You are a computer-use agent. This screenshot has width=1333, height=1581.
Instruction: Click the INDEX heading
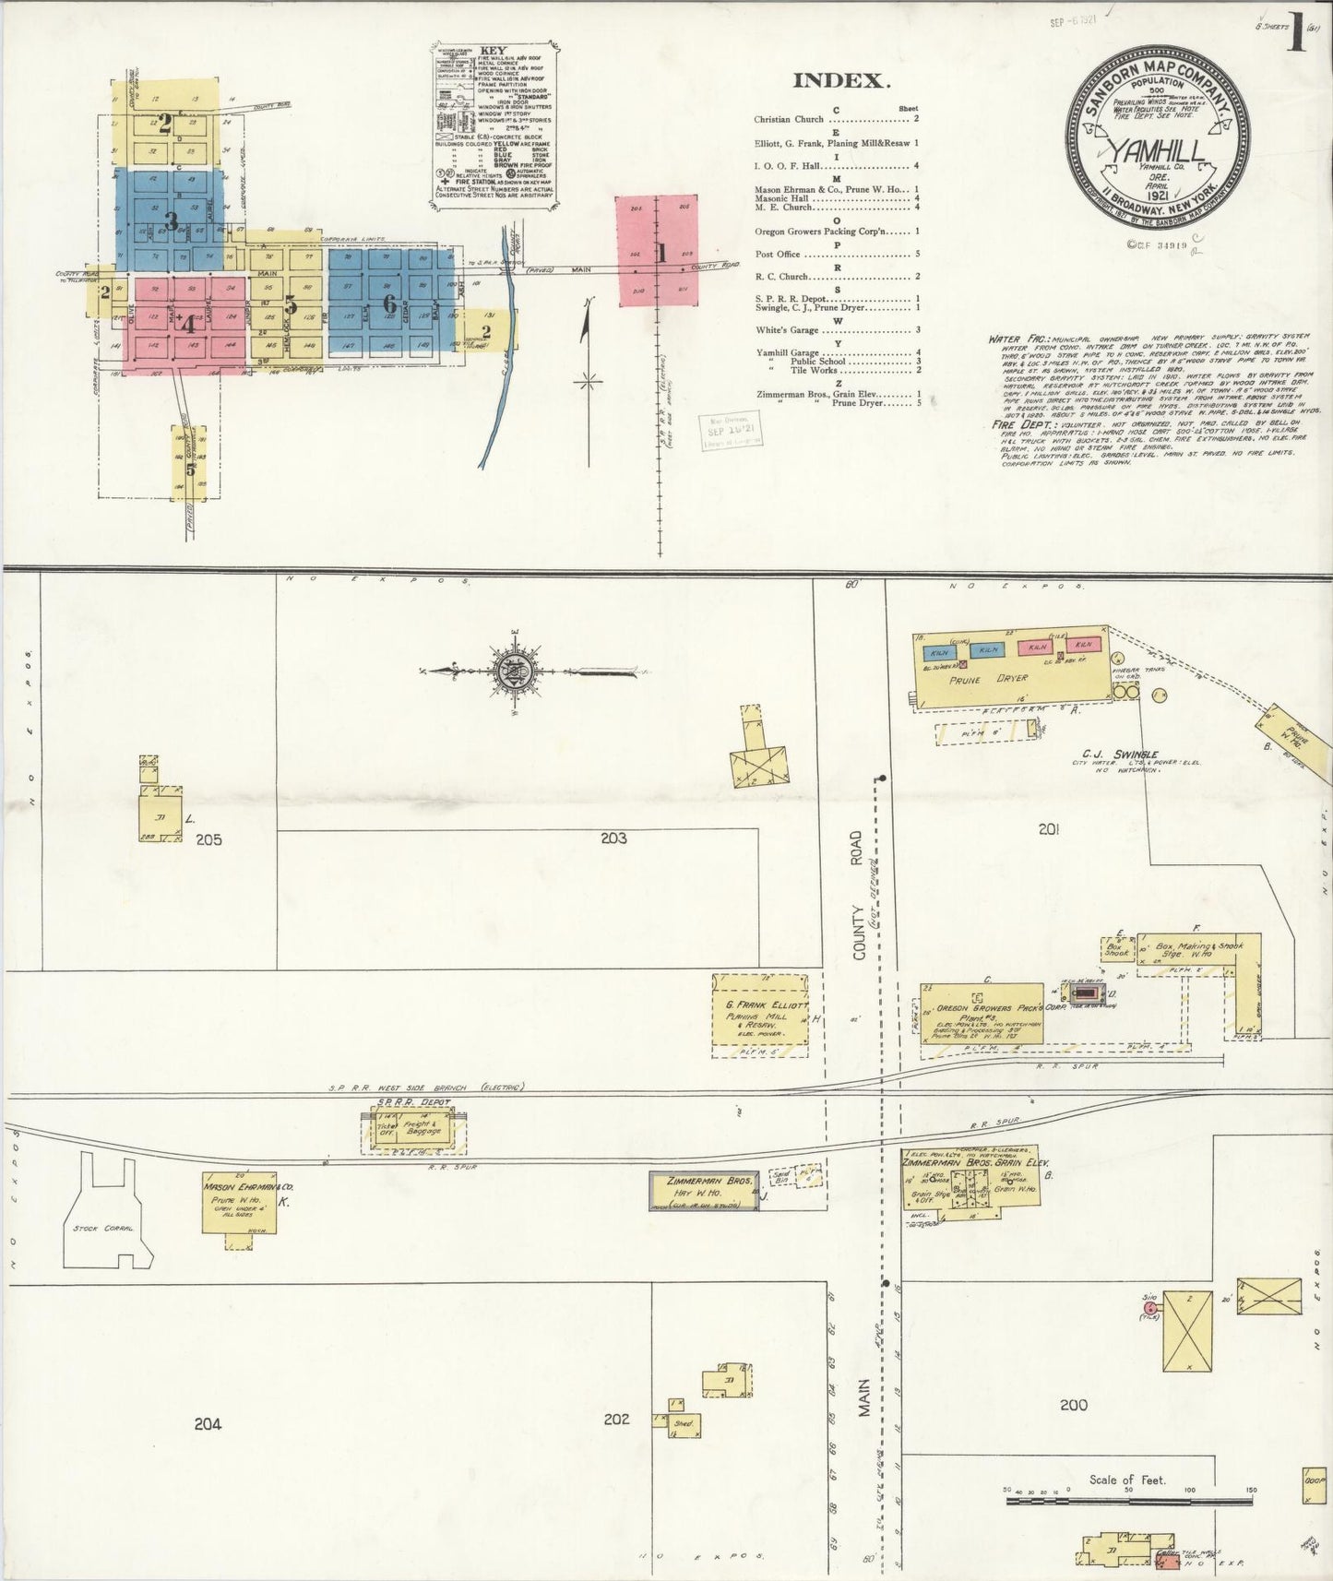point(841,81)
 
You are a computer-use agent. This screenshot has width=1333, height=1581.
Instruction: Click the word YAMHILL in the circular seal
point(1157,149)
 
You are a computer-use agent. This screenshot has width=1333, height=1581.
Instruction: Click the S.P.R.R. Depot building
point(413,1130)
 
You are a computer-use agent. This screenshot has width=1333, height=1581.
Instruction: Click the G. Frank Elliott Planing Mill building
point(760,1015)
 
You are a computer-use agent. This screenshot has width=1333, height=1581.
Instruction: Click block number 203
point(613,838)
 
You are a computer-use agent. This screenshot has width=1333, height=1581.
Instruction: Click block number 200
point(1073,1405)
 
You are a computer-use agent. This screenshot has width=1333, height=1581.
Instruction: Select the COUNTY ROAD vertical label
point(858,896)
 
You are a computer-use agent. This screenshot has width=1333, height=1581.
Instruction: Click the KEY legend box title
point(494,52)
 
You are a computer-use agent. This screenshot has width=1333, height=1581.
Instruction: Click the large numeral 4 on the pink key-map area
point(188,325)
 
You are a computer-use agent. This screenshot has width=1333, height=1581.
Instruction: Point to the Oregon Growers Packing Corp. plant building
point(982,1013)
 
